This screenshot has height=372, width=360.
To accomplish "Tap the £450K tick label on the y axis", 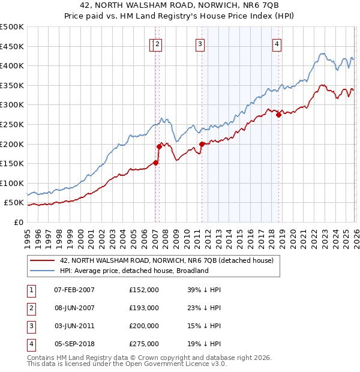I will click(12, 46).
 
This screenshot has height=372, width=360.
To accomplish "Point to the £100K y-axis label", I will click(12, 183).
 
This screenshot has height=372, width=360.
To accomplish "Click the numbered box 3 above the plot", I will click(200, 43).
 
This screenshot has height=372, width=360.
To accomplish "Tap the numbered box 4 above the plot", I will click(277, 43).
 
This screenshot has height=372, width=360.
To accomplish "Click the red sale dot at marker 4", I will click(278, 115).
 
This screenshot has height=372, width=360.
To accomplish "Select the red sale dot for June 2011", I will click(202, 144).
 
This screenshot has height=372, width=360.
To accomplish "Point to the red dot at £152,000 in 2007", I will click(155, 163).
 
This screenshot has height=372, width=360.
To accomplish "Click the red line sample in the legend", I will click(42, 260).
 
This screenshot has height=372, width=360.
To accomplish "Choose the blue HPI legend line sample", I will click(42, 271).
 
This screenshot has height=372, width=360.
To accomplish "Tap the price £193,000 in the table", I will click(144, 308).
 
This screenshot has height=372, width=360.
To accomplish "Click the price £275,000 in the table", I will click(144, 344).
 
